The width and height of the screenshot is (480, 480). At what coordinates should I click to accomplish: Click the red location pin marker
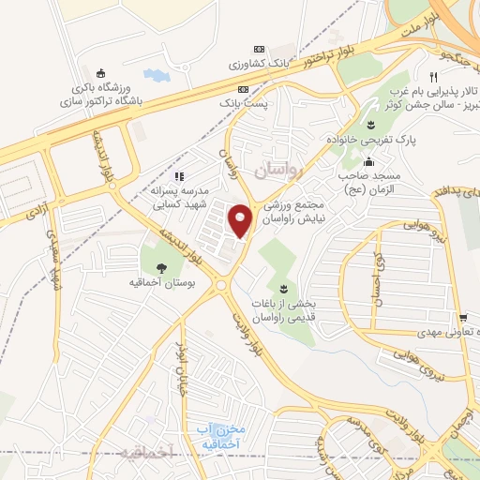(241, 221)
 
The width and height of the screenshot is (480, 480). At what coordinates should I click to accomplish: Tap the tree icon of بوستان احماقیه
(162, 266)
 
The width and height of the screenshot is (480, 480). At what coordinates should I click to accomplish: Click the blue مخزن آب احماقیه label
(220, 435)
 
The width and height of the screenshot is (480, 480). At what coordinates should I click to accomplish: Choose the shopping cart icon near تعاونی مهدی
(462, 318)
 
